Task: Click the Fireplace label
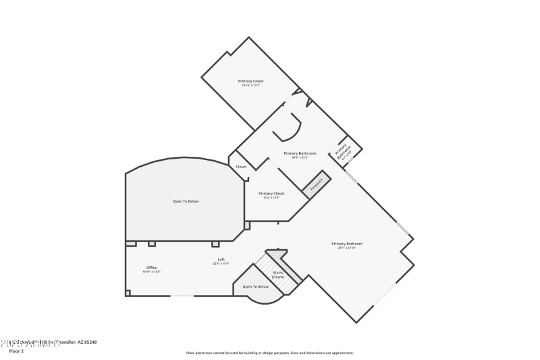pyautogui.click(x=317, y=184)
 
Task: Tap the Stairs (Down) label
pyautogui.click(x=277, y=275)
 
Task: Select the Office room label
pyautogui.click(x=151, y=267)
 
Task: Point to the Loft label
pyautogui.click(x=221, y=259)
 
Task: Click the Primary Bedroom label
pyautogui.click(x=346, y=243)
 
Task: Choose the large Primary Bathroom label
pyautogui.click(x=300, y=153)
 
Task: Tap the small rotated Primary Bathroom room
pyautogui.click(x=344, y=153)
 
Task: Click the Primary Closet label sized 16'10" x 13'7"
pyautogui.click(x=250, y=81)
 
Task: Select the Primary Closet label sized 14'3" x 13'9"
pyautogui.click(x=271, y=193)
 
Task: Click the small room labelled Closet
pyautogui.click(x=241, y=166)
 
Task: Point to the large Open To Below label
pyautogui.click(x=186, y=201)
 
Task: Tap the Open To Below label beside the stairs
pyautogui.click(x=256, y=287)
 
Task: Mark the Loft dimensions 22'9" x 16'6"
pyautogui.click(x=221, y=263)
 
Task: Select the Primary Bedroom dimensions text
pyautogui.click(x=346, y=248)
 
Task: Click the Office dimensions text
pyautogui.click(x=151, y=272)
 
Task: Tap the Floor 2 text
pyautogui.click(x=16, y=351)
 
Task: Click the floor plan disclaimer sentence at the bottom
pyautogui.click(x=269, y=353)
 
